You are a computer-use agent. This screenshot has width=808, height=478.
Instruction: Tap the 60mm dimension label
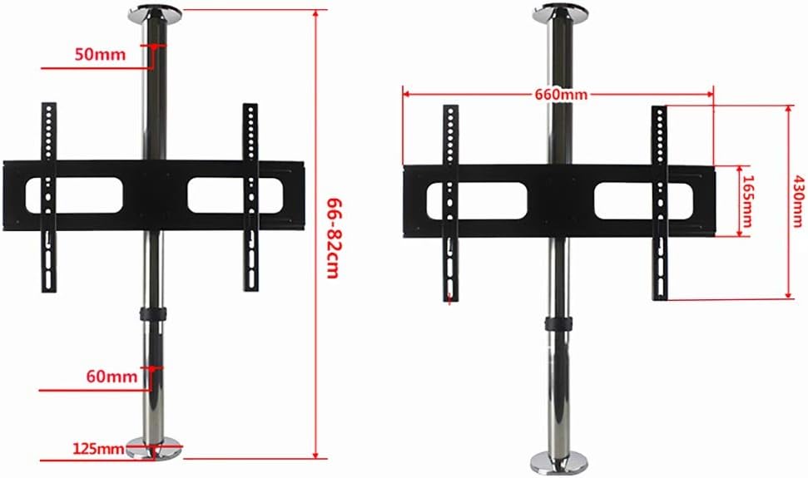tap(111, 377)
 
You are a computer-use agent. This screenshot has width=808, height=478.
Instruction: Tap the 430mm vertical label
tap(796, 202)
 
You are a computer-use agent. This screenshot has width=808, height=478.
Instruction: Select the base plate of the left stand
tap(155, 450)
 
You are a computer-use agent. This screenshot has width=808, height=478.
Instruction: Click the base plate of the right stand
tap(559, 460)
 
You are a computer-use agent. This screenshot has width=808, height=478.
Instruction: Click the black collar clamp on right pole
tap(558, 323)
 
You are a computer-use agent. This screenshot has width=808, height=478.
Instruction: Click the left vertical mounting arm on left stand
tap(49, 198)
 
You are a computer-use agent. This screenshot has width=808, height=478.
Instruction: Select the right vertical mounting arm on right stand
tap(660, 204)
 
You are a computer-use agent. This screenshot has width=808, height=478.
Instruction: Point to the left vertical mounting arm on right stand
tap(451, 204)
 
